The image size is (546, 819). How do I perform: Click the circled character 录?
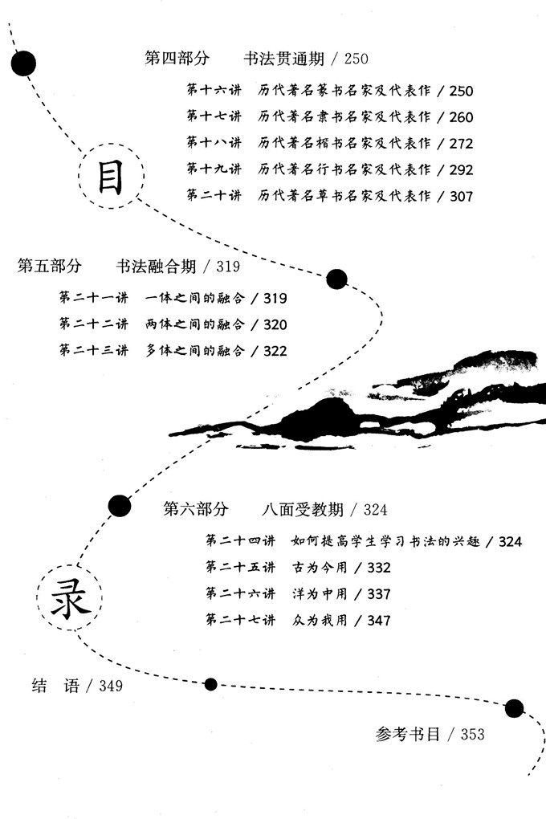click(x=70, y=602)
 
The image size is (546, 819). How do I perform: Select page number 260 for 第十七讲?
click(x=462, y=117)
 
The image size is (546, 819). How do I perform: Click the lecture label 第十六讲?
click(x=214, y=92)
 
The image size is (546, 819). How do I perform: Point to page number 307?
click(x=462, y=196)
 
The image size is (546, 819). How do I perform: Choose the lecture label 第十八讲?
click(x=214, y=144)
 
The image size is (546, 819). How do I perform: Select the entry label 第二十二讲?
click(x=92, y=325)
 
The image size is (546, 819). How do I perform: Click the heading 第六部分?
click(x=195, y=509)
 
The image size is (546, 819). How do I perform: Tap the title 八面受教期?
click(x=303, y=509)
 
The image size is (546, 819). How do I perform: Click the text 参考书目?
click(x=407, y=734)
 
